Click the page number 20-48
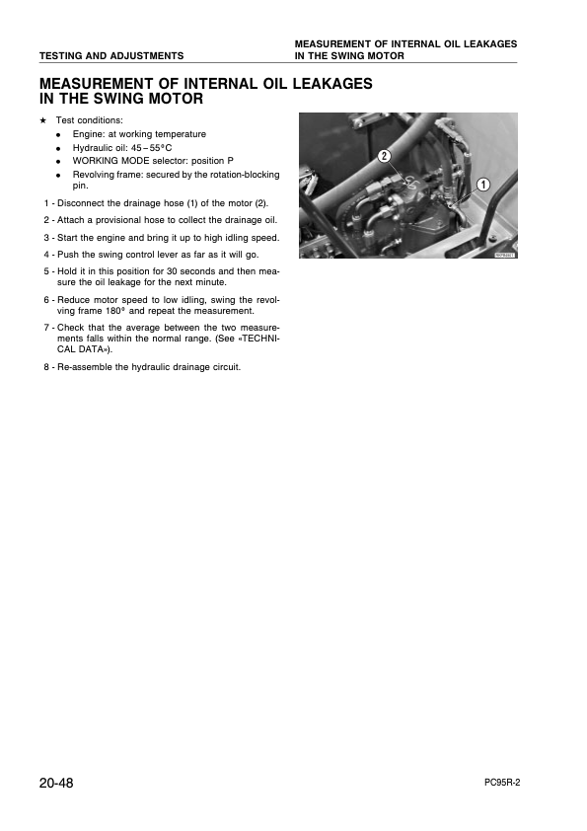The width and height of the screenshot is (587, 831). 56,784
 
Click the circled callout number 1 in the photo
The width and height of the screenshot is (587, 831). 483,185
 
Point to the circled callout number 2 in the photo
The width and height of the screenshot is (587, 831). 384,156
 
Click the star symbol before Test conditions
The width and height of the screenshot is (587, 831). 42,120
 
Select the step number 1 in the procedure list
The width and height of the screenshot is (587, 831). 45,203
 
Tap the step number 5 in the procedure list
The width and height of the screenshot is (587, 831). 45,270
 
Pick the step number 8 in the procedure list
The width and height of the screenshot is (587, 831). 45,367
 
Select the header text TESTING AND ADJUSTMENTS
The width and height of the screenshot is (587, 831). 111,55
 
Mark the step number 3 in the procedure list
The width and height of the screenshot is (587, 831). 45,237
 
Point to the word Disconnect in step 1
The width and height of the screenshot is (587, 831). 81,203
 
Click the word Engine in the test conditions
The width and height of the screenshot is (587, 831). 88,133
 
